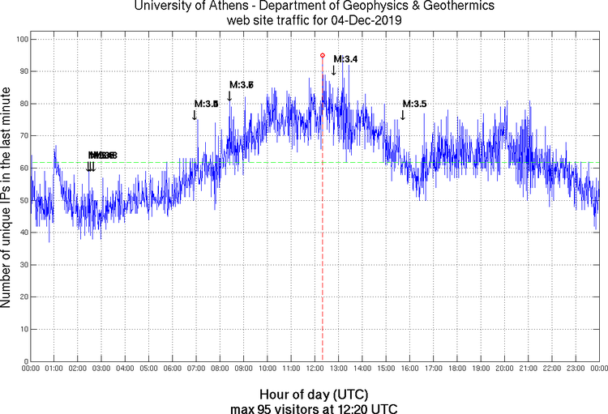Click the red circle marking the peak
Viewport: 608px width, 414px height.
323,56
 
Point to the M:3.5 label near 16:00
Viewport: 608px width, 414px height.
414,104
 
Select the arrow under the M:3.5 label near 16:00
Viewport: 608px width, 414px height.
402,115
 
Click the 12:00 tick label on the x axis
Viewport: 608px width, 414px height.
315,369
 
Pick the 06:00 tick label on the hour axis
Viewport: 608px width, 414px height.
173,369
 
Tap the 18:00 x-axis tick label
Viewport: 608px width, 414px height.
457,369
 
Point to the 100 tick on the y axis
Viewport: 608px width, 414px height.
20,39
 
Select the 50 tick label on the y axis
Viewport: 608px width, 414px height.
23,200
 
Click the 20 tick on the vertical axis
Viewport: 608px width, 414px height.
23,297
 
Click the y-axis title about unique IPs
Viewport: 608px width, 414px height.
6,200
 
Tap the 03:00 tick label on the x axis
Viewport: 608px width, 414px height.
101,369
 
